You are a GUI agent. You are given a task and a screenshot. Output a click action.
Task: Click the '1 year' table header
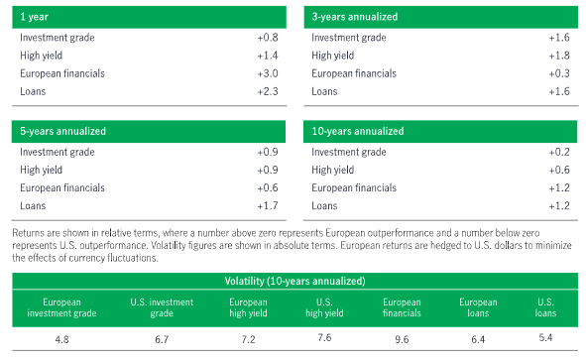36,16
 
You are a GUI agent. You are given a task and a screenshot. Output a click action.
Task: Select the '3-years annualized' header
354,16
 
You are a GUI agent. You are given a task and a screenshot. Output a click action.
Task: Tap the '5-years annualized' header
61,131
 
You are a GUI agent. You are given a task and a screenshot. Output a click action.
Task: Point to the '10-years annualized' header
357,131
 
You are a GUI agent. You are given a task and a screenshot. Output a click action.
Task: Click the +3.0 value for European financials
267,73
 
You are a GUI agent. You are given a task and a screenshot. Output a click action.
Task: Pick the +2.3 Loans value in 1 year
267,91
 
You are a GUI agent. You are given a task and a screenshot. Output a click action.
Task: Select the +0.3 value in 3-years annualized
558,73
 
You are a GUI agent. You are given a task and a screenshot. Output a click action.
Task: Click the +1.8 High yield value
558,56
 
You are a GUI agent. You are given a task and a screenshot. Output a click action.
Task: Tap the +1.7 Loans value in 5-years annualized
267,206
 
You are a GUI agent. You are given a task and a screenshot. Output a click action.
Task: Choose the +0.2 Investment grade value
558,152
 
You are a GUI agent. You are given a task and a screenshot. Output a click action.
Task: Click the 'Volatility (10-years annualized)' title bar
293,281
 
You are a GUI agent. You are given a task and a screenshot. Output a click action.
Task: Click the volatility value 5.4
543,339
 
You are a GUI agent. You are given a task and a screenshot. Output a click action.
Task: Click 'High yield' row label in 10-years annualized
334,170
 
